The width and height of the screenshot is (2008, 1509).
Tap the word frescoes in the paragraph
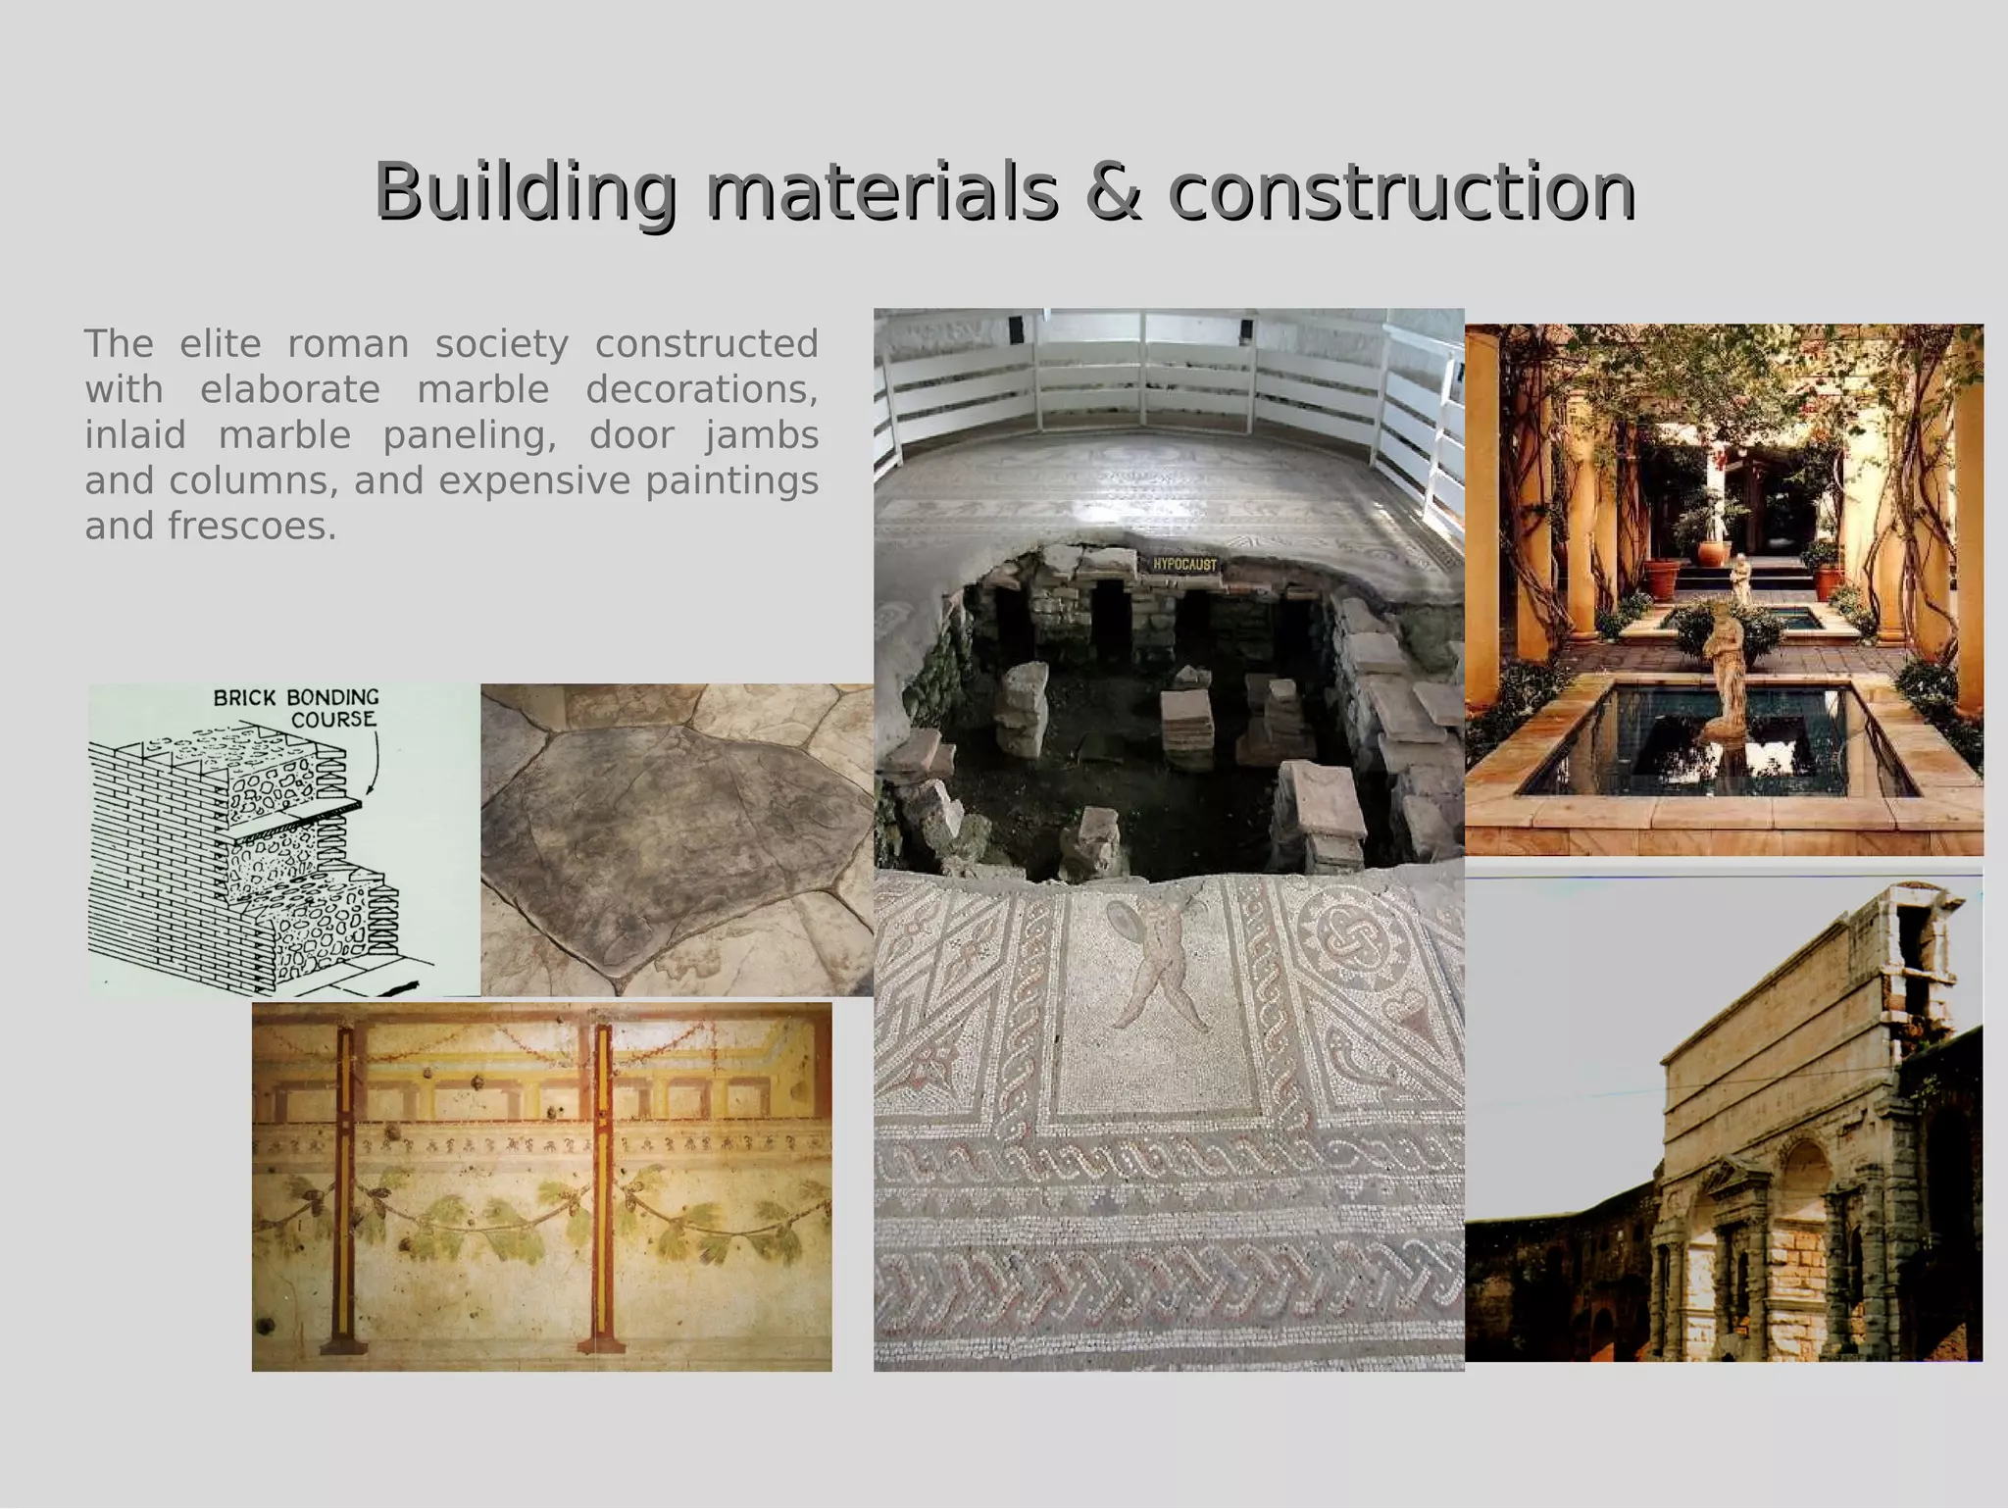pos(251,527)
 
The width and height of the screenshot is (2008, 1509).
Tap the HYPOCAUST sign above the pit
pos(1183,565)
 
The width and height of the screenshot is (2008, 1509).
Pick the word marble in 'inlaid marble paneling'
pos(284,435)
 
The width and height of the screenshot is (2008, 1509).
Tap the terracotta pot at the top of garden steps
pos(1714,552)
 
